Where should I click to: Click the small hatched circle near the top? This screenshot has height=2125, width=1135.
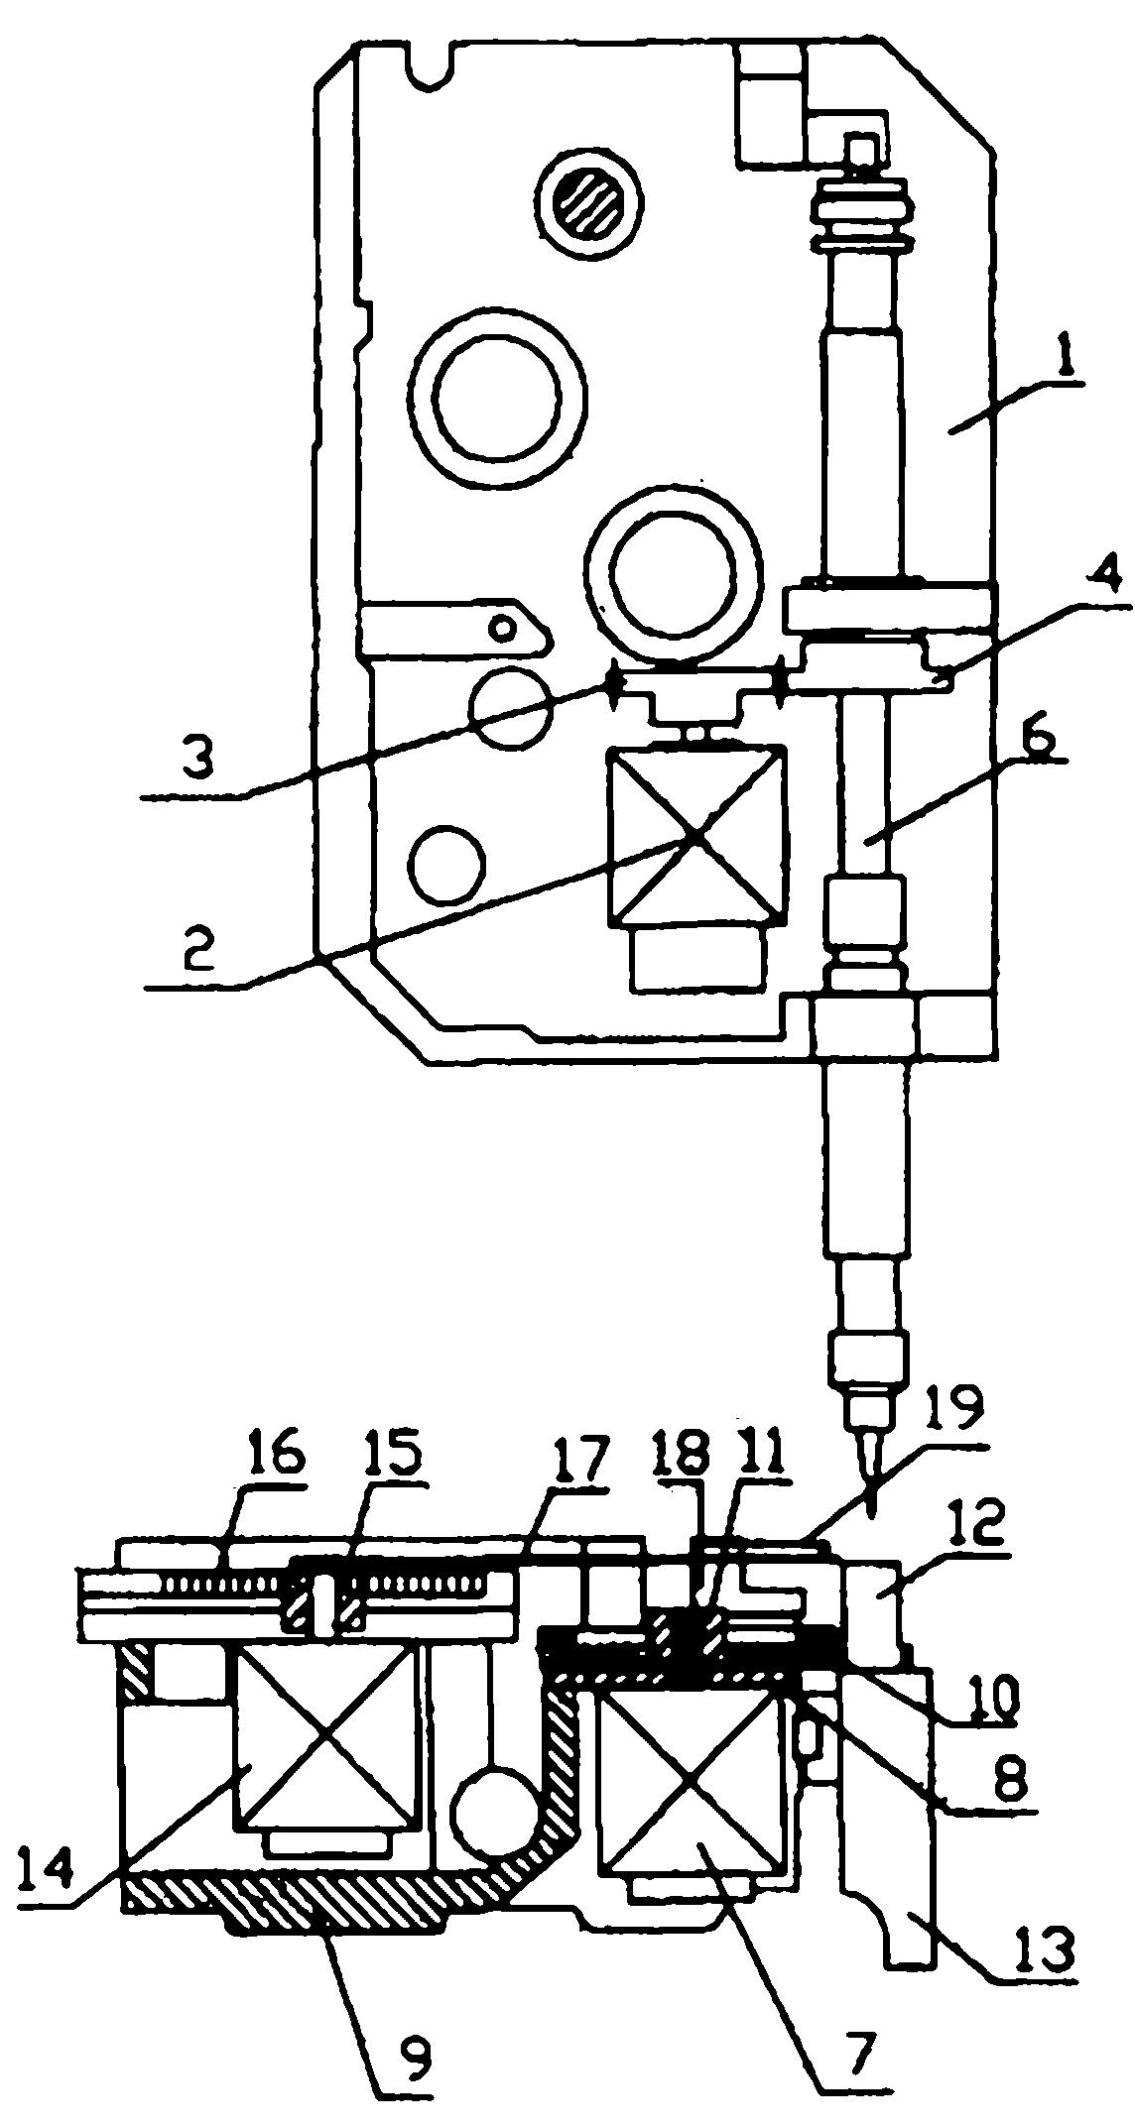(x=590, y=203)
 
